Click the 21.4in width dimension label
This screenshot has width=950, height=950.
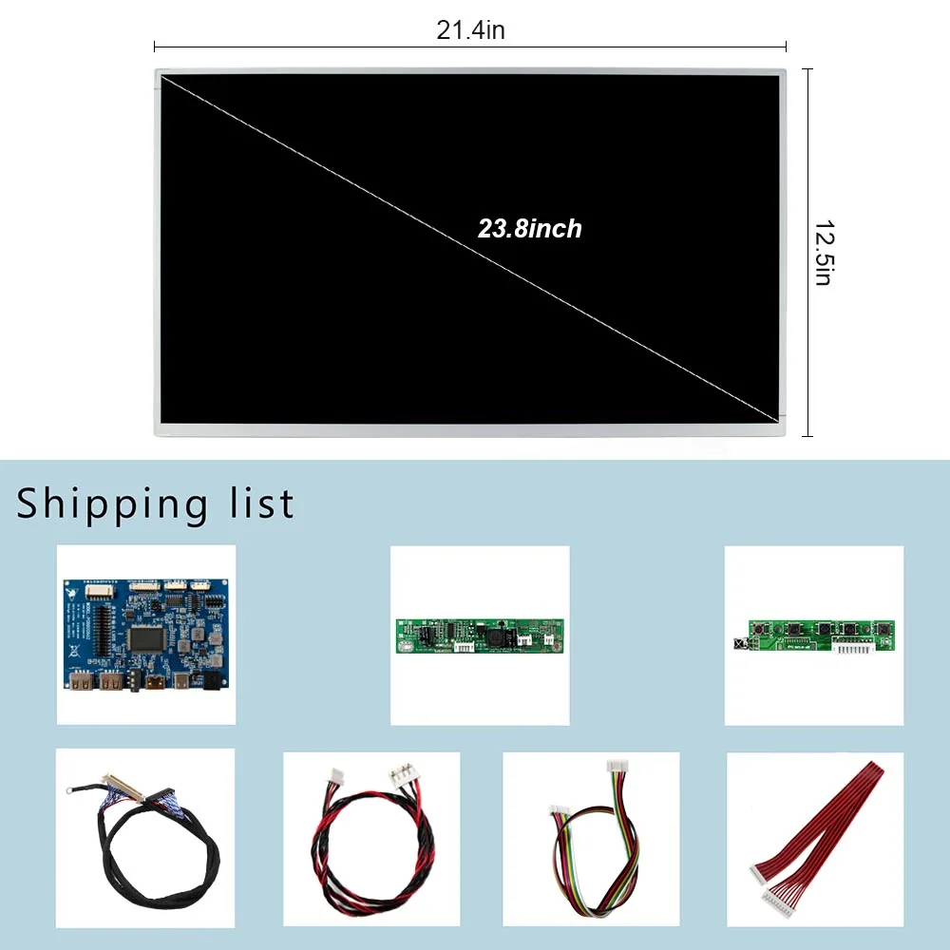click(470, 30)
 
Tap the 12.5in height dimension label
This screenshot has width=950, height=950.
click(823, 254)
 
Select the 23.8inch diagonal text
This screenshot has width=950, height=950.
click(529, 229)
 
